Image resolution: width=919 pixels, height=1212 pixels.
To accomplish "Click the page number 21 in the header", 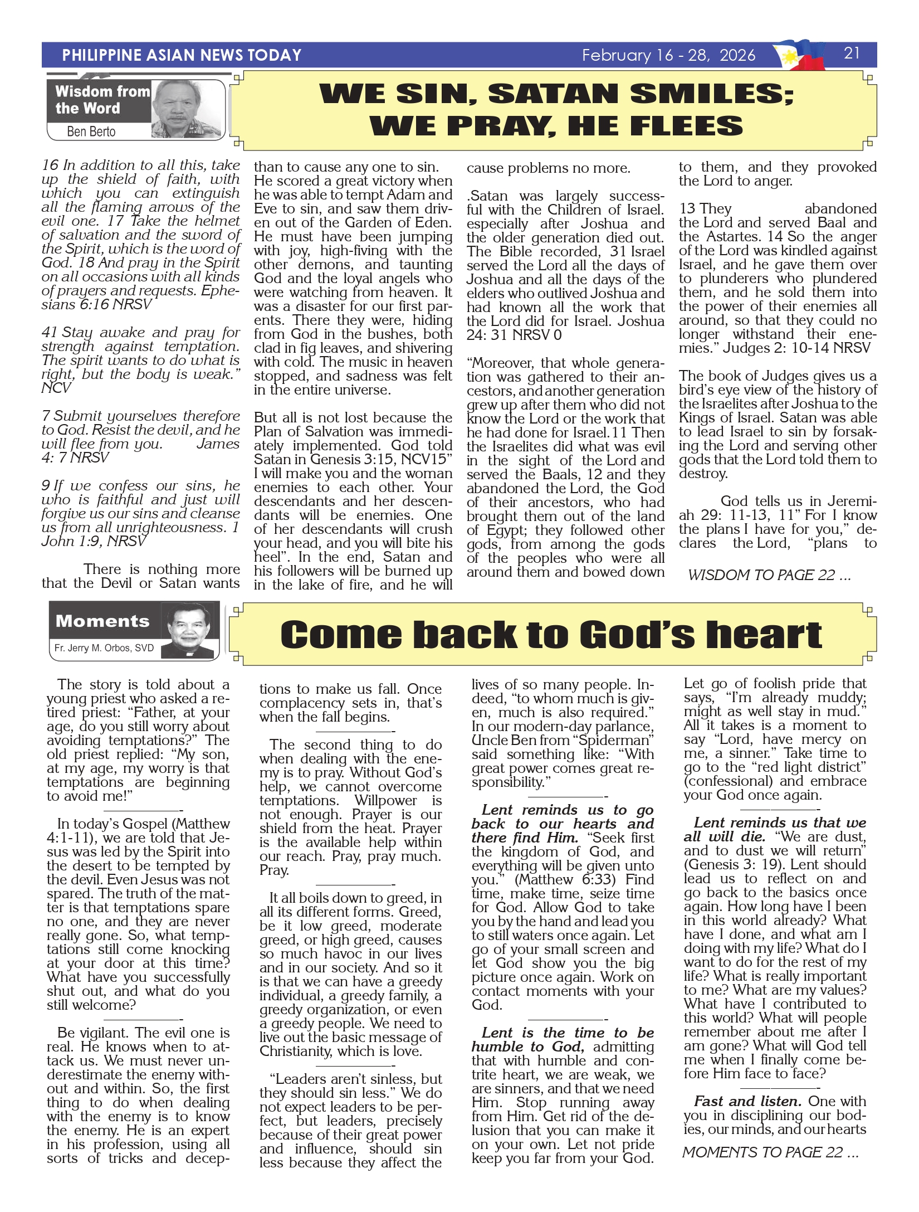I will tap(852, 53).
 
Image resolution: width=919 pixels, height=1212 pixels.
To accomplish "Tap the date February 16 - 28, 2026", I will tap(668, 55).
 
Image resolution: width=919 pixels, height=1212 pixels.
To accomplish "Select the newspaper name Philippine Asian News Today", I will tap(182, 55).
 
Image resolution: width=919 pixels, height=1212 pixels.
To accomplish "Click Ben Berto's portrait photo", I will tap(187, 109).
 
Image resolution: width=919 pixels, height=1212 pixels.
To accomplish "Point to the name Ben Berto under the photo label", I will tap(91, 132).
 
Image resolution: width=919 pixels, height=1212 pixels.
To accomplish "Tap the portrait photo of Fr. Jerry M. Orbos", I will tap(190, 631).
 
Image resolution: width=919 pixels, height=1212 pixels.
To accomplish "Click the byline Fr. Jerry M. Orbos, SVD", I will tap(104, 648).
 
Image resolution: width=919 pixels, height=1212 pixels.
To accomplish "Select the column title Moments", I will tap(102, 621).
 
